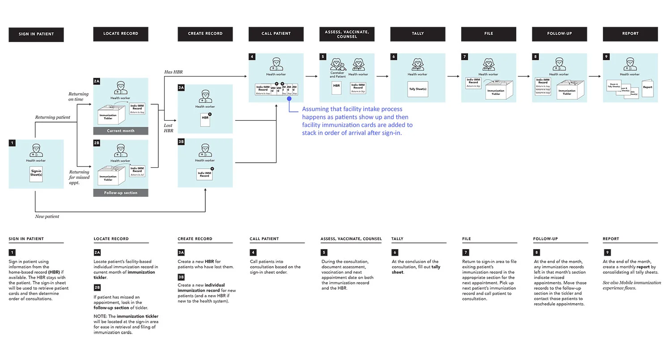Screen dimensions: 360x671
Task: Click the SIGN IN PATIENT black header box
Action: coord(36,34)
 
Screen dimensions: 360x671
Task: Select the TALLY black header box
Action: coord(417,34)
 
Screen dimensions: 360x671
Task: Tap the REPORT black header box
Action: coord(630,34)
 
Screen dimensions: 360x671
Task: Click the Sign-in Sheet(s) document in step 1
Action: coord(36,173)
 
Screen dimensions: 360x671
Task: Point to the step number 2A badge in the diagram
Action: coord(97,81)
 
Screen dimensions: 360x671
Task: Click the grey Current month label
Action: coord(120,131)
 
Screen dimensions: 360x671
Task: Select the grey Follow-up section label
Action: coord(120,193)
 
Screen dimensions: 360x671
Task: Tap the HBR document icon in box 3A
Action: coord(205,119)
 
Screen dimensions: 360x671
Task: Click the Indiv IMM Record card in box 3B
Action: coord(204,174)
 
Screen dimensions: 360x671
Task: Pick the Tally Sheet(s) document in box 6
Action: coord(418,89)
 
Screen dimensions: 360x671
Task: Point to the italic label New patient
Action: coord(47,216)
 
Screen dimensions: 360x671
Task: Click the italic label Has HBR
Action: coord(174,72)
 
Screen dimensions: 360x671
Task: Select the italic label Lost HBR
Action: coord(168,128)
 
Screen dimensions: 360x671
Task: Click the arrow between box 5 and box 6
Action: coord(382,76)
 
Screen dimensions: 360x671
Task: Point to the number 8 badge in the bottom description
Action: coord(536,253)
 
